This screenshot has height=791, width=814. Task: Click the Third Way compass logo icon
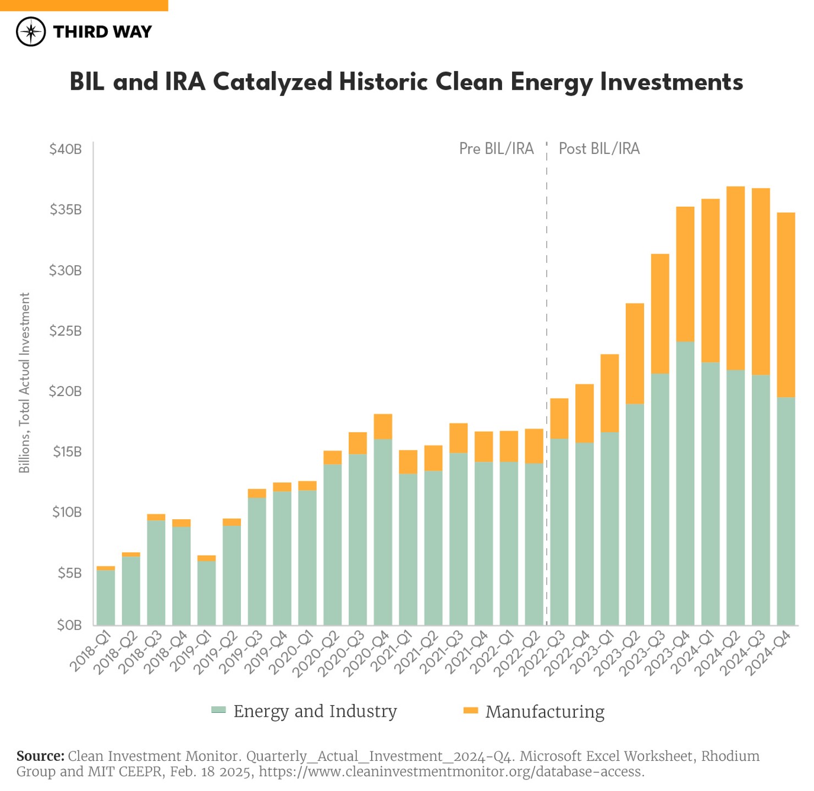[31, 31]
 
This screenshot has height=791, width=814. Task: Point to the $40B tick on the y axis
[65, 149]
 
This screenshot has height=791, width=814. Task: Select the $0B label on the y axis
[69, 625]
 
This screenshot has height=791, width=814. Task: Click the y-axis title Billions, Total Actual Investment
[24, 382]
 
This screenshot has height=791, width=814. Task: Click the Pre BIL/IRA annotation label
[496, 149]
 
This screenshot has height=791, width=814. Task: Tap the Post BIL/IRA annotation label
[599, 149]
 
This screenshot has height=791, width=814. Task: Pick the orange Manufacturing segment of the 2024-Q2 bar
[735, 278]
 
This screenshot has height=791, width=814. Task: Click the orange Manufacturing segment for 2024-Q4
[786, 305]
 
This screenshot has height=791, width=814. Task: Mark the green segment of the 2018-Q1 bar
[106, 597]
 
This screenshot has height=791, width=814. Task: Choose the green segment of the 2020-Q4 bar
[383, 531]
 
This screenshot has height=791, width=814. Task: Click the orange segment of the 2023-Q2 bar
[635, 353]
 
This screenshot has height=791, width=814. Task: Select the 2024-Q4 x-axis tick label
[769, 652]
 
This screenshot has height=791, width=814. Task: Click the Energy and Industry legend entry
[304, 711]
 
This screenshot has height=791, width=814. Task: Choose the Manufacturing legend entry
[534, 711]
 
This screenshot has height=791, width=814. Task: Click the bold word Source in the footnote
[40, 756]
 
